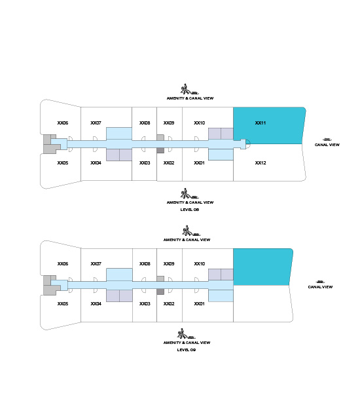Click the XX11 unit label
pyautogui.click(x=260, y=123)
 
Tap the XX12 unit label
pyautogui.click(x=260, y=163)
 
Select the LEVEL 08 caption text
pyautogui.click(x=190, y=210)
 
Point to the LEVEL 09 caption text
pyautogui.click(x=187, y=349)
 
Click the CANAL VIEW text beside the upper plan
pyautogui.click(x=327, y=145)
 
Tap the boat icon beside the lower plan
pyautogui.click(x=320, y=282)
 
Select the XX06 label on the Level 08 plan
pyautogui.click(x=63, y=123)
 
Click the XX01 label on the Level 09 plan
pyautogui.click(x=199, y=304)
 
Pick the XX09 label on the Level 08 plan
pyautogui.click(x=169, y=123)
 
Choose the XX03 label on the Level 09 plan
pyautogui.click(x=145, y=304)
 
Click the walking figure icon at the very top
pyautogui.click(x=189, y=89)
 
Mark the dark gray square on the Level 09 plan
pyautogui.click(x=160, y=292)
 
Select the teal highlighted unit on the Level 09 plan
pyautogui.click(x=262, y=267)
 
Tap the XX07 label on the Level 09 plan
pyautogui.click(x=96, y=264)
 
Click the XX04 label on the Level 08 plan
pyautogui.click(x=96, y=163)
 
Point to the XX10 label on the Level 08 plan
pyautogui.click(x=199, y=123)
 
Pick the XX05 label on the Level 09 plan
pyautogui.click(x=63, y=304)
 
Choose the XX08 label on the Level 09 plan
pyautogui.click(x=145, y=264)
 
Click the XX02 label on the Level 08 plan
pyautogui.click(x=169, y=163)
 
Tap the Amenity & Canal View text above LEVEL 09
pyautogui.click(x=187, y=343)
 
